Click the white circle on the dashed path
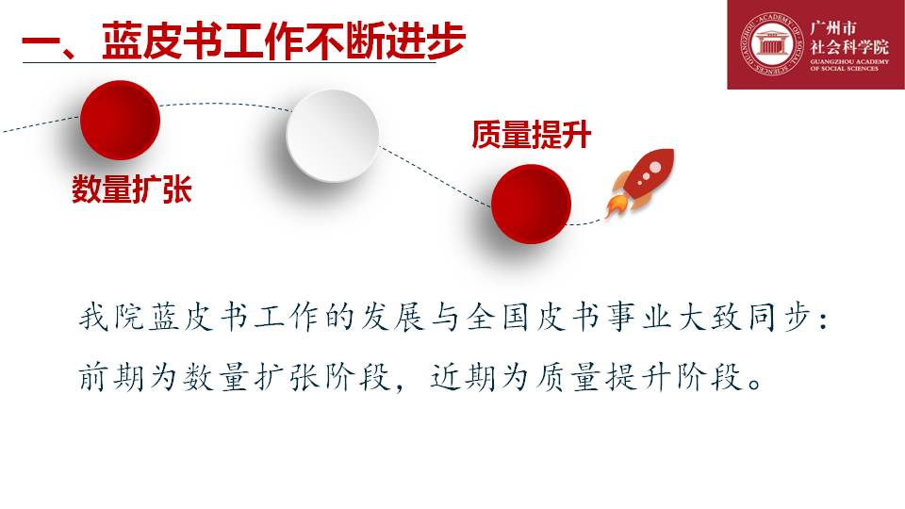(x=333, y=136)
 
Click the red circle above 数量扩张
(x=120, y=120)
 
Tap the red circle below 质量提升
(x=531, y=204)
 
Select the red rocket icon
(x=640, y=181)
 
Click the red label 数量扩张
(x=132, y=189)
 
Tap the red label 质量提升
(x=531, y=135)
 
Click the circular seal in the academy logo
(x=772, y=44)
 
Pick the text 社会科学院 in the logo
(x=849, y=47)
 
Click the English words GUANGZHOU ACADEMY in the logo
(x=849, y=61)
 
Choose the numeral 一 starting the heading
(x=41, y=41)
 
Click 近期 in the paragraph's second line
(x=462, y=377)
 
